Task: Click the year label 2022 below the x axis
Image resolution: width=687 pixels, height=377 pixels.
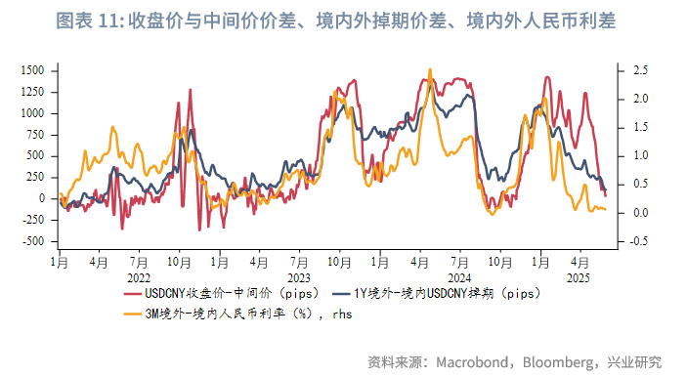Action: click(137, 276)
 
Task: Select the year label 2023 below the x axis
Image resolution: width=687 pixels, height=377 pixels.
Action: click(298, 276)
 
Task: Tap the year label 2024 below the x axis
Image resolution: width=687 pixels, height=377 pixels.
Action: click(459, 276)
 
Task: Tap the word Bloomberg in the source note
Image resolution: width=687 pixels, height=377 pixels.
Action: click(554, 361)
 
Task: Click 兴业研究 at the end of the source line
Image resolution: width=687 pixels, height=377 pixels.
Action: click(634, 361)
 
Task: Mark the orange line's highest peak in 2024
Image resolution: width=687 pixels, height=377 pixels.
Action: click(430, 70)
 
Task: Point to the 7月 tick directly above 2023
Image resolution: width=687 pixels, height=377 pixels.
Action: click(298, 262)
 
